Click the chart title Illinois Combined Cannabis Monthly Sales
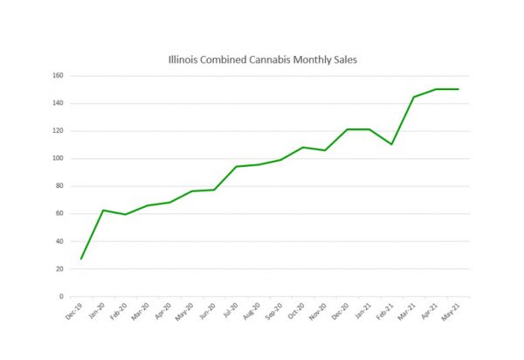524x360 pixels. tap(262, 60)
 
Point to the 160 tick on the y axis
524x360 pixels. tap(57, 76)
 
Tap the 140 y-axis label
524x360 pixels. tap(57, 103)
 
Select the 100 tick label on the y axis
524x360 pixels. tap(57, 158)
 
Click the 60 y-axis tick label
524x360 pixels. tap(59, 213)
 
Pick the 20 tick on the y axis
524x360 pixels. tap(59, 268)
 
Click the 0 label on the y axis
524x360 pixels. tap(60, 296)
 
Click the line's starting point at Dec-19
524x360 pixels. tap(81, 259)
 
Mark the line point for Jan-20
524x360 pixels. tap(104, 210)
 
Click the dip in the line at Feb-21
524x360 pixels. tap(391, 144)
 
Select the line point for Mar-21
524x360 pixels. tap(413, 97)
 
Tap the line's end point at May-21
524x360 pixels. tap(458, 89)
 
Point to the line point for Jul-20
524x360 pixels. tap(237, 167)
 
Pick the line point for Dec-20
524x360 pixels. tap(347, 129)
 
